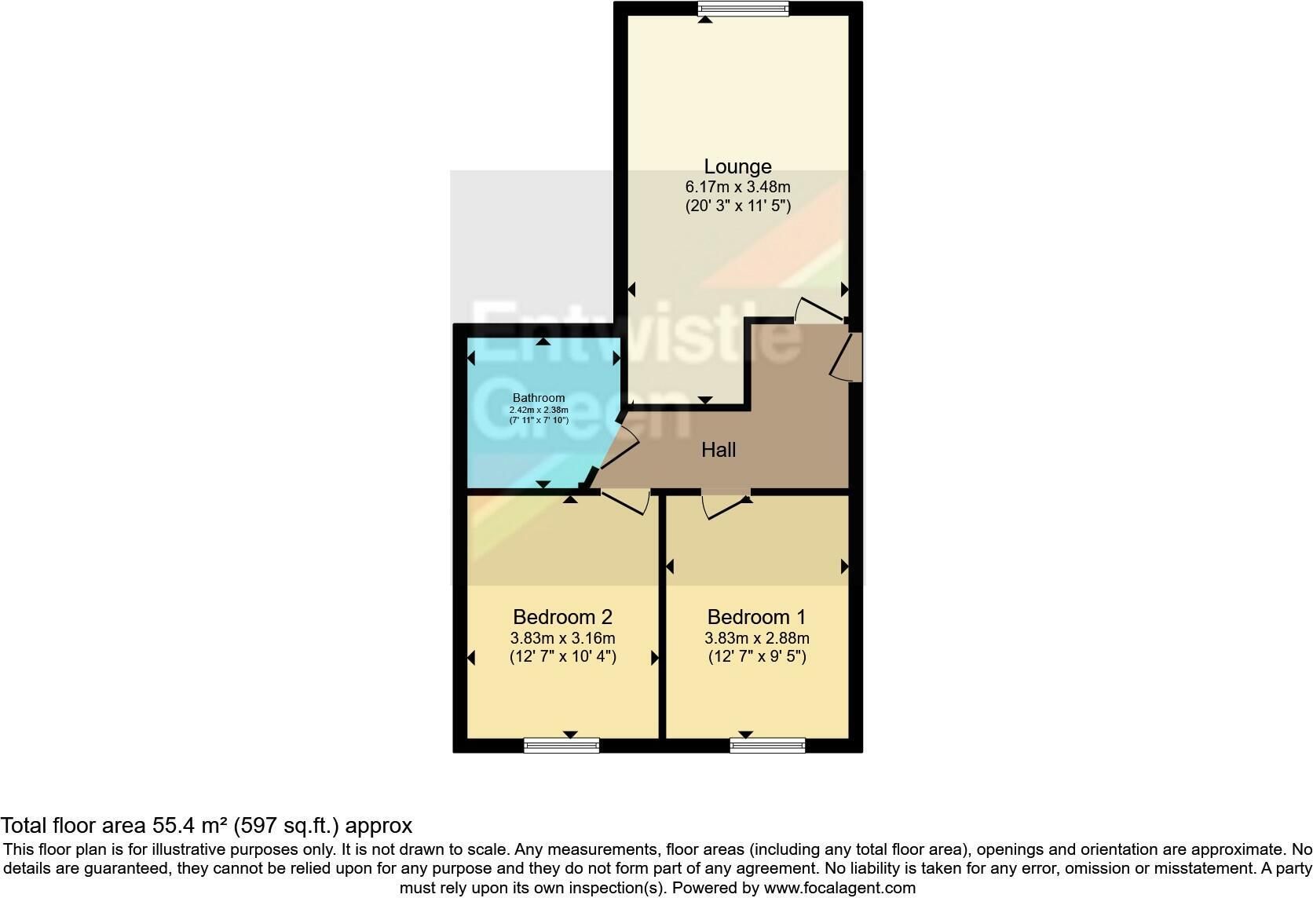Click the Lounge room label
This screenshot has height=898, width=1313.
[737, 167]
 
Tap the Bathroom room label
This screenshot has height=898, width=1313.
[539, 398]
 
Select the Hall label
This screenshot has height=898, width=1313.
[719, 450]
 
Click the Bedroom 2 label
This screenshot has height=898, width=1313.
[563, 617]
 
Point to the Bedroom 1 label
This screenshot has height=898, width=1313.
[757, 617]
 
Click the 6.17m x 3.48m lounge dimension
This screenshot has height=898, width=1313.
[738, 188]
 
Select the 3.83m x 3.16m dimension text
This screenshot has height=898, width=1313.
[563, 638]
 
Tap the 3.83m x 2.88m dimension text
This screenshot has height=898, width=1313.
[757, 638]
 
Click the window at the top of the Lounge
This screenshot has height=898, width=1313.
[743, 8]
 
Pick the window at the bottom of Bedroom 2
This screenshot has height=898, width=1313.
[561, 745]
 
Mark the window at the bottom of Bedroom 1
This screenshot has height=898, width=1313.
[767, 745]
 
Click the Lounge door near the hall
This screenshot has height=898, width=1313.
[820, 309]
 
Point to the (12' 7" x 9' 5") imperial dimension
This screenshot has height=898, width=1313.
[757, 656]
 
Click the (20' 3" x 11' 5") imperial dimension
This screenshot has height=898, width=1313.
[738, 206]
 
